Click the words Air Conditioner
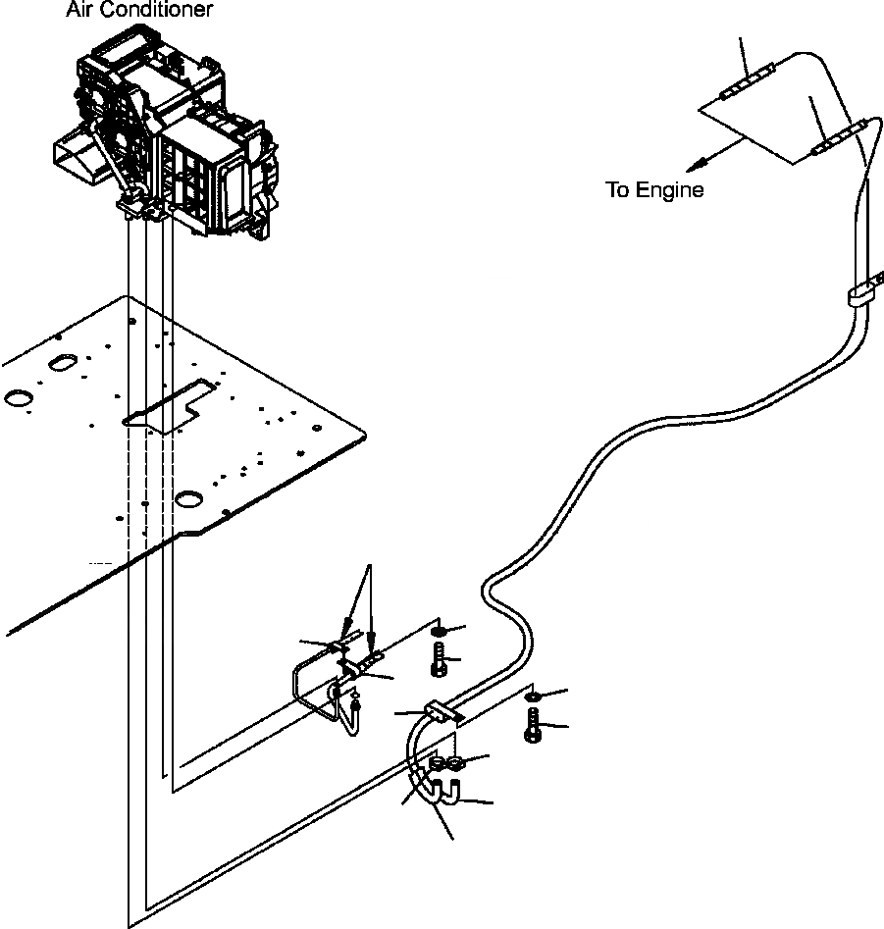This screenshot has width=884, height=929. [138, 12]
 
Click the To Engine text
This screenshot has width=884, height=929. [654, 190]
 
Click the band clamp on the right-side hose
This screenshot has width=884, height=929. [861, 295]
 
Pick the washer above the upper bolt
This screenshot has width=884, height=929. [440, 629]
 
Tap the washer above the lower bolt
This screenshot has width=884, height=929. [532, 697]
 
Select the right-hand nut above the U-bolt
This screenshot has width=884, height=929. [455, 763]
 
